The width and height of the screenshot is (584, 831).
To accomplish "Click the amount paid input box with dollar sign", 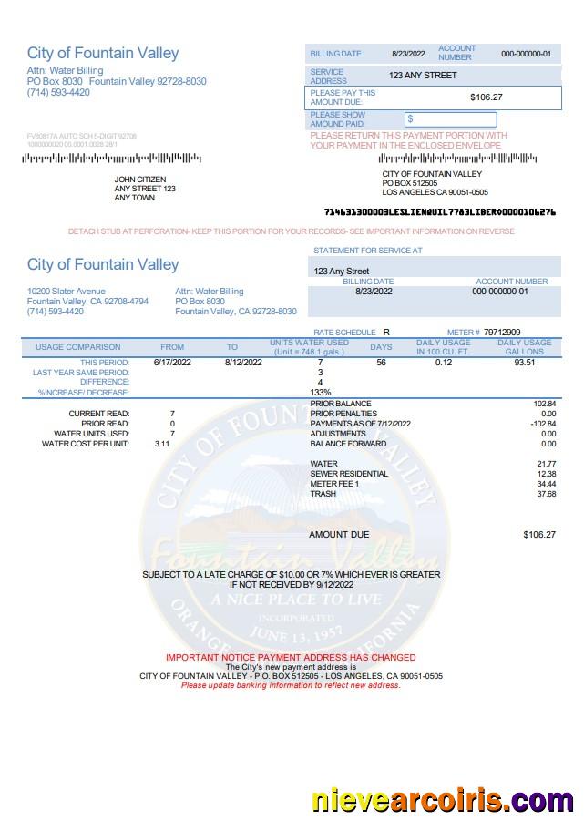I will [x=451, y=119].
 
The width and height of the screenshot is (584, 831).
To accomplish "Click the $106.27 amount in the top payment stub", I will [x=486, y=97].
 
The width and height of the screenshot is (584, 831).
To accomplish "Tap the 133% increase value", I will [x=320, y=393].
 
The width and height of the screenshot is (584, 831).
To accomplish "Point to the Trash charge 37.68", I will [x=547, y=494].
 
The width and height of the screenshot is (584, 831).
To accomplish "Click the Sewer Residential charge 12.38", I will [x=547, y=474].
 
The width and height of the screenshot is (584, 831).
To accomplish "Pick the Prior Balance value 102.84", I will [x=544, y=403].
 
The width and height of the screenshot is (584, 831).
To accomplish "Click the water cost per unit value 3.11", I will [x=162, y=444].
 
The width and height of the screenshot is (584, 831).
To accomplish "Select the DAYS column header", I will [x=381, y=347].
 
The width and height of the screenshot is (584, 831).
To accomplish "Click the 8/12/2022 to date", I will [x=243, y=363].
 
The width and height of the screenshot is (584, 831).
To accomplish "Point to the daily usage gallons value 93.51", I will [x=524, y=363].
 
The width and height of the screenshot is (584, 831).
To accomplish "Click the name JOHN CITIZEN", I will [x=139, y=180].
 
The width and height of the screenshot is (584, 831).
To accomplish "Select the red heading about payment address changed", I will [x=291, y=657].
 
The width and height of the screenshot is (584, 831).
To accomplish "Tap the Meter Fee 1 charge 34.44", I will [x=547, y=484].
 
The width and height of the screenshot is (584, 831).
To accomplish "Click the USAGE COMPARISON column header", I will [x=78, y=347].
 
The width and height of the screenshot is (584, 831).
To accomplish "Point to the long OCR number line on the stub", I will [x=439, y=211].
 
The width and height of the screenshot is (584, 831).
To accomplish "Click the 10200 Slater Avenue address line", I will [x=67, y=292].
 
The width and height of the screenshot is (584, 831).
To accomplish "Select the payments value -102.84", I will [x=543, y=424].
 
